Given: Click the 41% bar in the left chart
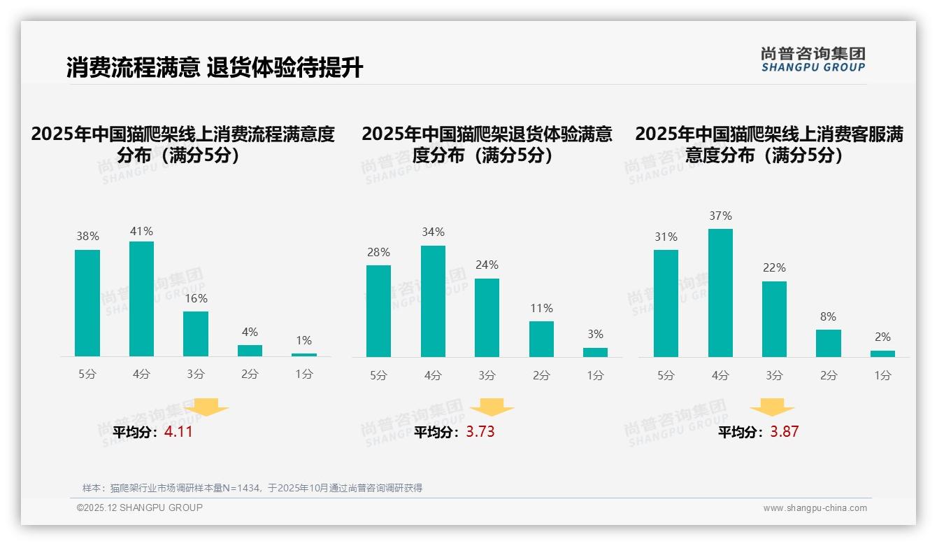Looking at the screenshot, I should pyautogui.click(x=141, y=299).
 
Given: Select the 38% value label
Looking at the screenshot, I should pyautogui.click(x=87, y=237).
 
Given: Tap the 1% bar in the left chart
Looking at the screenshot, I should pyautogui.click(x=303, y=355).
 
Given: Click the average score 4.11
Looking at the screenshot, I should pyautogui.click(x=178, y=432).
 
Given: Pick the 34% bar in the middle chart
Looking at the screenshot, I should pyautogui.click(x=433, y=301).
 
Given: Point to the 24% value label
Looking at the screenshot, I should pyautogui.click(x=487, y=265).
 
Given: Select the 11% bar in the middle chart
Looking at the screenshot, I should pyautogui.click(x=541, y=339).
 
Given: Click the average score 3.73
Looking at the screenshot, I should pyautogui.click(x=480, y=432).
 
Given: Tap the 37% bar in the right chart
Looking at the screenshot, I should pyautogui.click(x=720, y=293).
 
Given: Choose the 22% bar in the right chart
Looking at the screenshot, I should pyautogui.click(x=774, y=319).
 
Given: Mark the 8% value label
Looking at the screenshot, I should pyautogui.click(x=828, y=316).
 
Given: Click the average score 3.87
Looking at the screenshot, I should pyautogui.click(x=785, y=432).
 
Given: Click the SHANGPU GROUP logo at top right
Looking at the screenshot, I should pyautogui.click(x=813, y=59).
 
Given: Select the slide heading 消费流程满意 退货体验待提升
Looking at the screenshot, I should pyautogui.click(x=215, y=68).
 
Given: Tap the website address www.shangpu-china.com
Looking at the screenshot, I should pyautogui.click(x=815, y=508).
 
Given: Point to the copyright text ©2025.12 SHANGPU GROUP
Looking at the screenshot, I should pyautogui.click(x=140, y=507).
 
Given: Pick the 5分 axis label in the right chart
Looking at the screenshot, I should pyautogui.click(x=666, y=375).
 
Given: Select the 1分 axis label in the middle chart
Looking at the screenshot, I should pyautogui.click(x=595, y=375).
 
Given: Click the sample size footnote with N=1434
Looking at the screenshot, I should pyautogui.click(x=252, y=488).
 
